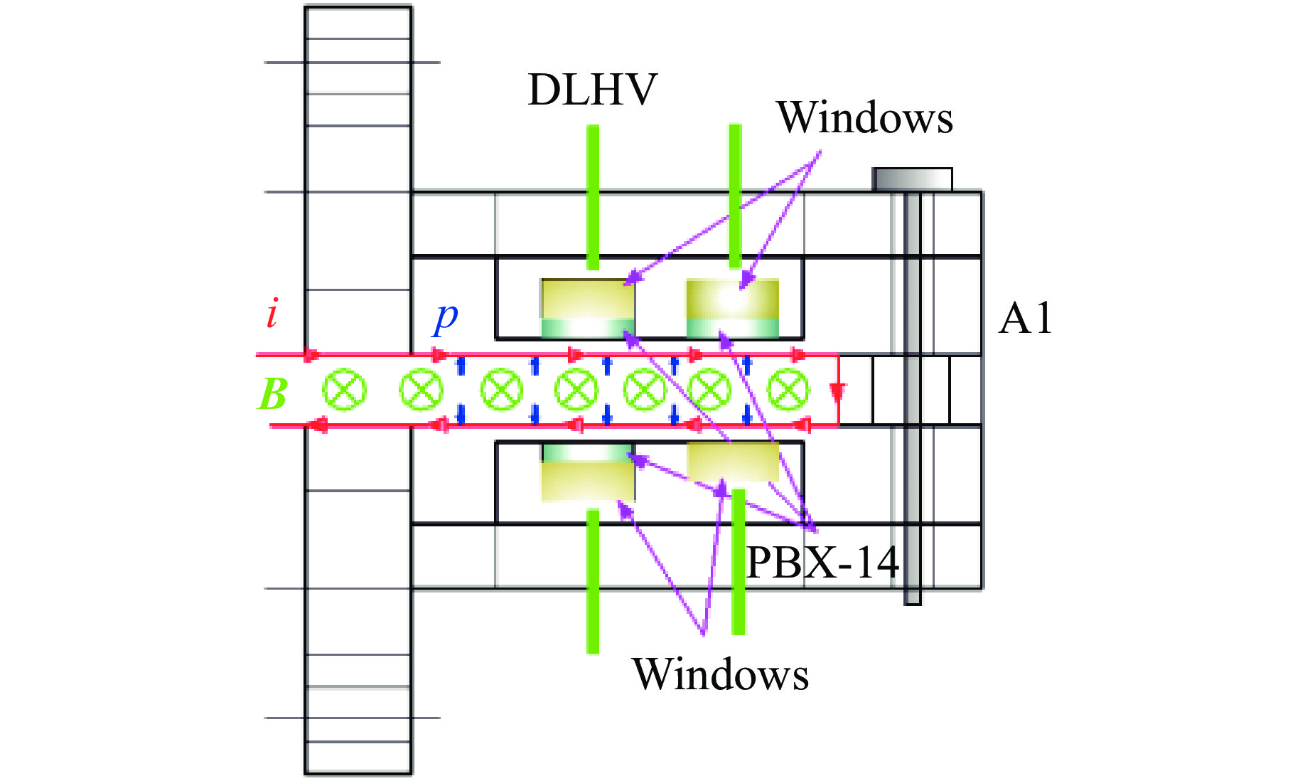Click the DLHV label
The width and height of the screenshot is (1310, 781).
[592, 90]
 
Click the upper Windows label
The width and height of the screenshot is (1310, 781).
[864, 117]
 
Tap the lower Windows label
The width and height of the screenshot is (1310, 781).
[720, 674]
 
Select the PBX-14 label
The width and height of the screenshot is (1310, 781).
[822, 563]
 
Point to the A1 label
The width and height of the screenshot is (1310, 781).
[1024, 318]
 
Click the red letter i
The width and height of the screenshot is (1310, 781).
[272, 314]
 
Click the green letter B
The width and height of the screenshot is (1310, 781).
[272, 393]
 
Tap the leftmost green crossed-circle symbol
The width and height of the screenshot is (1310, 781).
[345, 390]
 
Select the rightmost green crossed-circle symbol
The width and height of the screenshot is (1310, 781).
[788, 390]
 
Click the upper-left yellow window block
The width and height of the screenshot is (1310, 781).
[588, 299]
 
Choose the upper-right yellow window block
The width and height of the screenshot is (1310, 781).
[732, 299]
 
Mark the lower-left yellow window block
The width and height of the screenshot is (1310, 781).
[588, 482]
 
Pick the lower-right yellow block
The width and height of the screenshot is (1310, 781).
[733, 461]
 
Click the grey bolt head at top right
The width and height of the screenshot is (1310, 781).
[913, 179]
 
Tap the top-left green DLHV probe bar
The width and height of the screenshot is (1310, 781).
[593, 198]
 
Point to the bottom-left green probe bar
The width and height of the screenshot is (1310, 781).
[593, 581]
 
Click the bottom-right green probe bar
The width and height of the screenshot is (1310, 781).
[739, 562]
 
